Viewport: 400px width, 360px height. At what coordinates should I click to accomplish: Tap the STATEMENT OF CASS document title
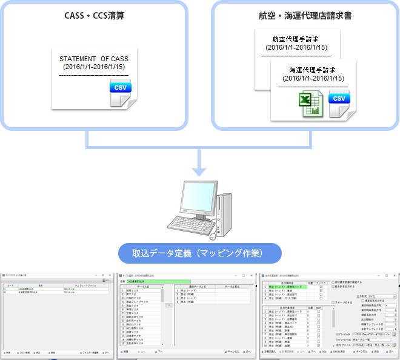click(94, 59)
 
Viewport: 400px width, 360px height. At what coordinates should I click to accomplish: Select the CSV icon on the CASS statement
click(121, 88)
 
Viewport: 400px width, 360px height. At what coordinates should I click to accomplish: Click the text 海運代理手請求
click(313, 70)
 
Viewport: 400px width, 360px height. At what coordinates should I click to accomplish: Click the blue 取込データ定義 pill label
click(199, 253)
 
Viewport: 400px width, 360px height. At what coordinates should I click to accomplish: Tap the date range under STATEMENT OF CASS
click(94, 67)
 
